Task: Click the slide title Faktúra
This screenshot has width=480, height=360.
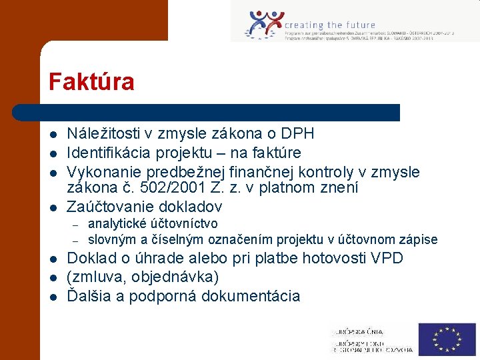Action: [91, 82]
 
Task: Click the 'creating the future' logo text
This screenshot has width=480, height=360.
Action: [330, 25]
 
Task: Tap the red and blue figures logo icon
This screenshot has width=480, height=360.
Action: [264, 25]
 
